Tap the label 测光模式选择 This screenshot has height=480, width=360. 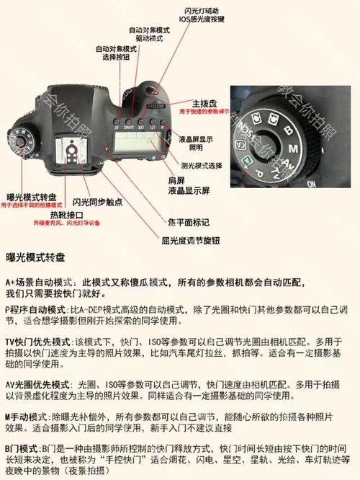coord(200,165)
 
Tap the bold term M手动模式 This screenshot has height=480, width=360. coord(26,416)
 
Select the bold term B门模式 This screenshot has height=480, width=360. coord(23,448)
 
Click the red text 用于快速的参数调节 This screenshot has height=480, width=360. coord(204,112)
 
